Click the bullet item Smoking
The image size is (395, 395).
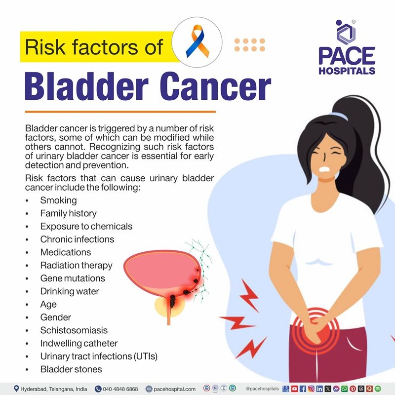(x=58, y=200)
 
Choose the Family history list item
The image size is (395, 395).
(x=68, y=213)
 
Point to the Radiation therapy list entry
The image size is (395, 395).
(x=76, y=265)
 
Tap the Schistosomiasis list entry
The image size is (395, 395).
(x=74, y=330)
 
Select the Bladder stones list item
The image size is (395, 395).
(x=71, y=369)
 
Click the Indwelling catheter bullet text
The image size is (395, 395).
(x=79, y=343)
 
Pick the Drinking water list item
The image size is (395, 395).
(x=70, y=291)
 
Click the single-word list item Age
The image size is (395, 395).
(x=48, y=304)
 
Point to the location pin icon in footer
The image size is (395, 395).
(x=16, y=389)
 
